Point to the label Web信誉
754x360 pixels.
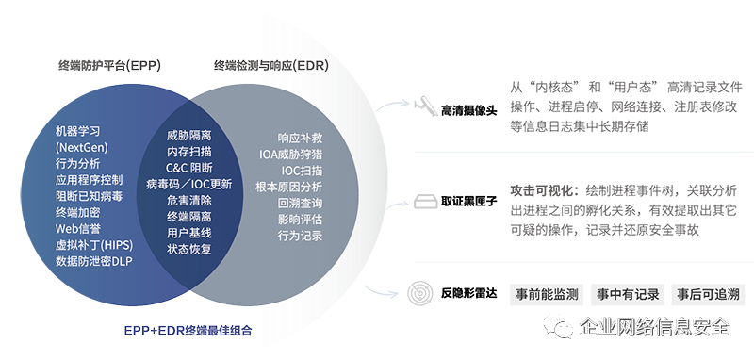point(79,229)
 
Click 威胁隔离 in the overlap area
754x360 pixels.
point(188,136)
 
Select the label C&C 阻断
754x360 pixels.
point(188,168)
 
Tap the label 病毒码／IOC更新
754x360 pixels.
point(189,185)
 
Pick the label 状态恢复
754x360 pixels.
point(188,249)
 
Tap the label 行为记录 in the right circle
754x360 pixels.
point(300,236)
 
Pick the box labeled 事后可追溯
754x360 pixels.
point(708,293)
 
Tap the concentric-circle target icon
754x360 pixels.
point(420,293)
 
